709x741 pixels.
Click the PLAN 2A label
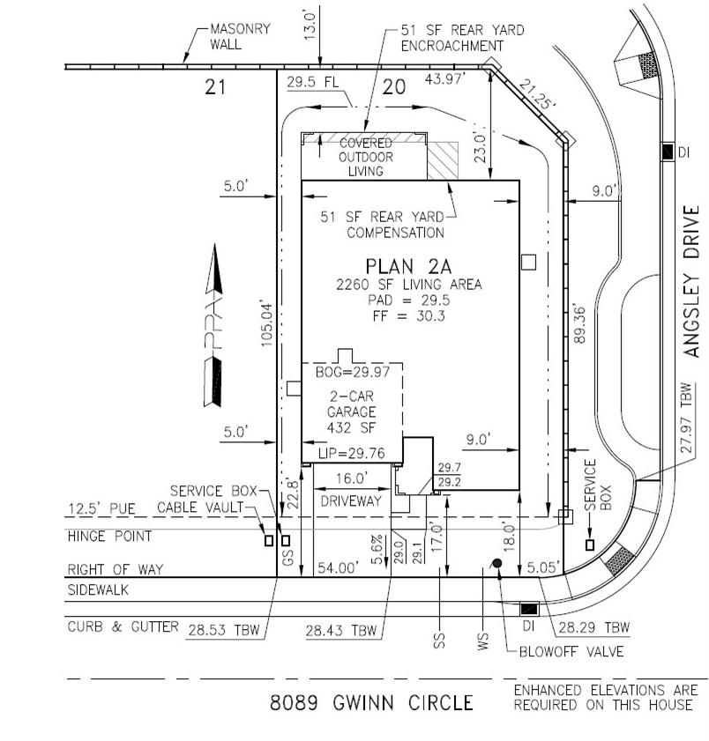[x=408, y=265]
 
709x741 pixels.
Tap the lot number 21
[x=216, y=86]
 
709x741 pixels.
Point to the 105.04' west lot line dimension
[x=266, y=326]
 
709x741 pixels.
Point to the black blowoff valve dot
[x=497, y=563]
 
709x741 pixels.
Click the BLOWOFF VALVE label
[x=571, y=652]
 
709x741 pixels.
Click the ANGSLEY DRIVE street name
[x=693, y=282]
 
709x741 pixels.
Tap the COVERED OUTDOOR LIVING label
[x=365, y=156]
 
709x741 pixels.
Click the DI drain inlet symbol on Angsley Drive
[x=668, y=152]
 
